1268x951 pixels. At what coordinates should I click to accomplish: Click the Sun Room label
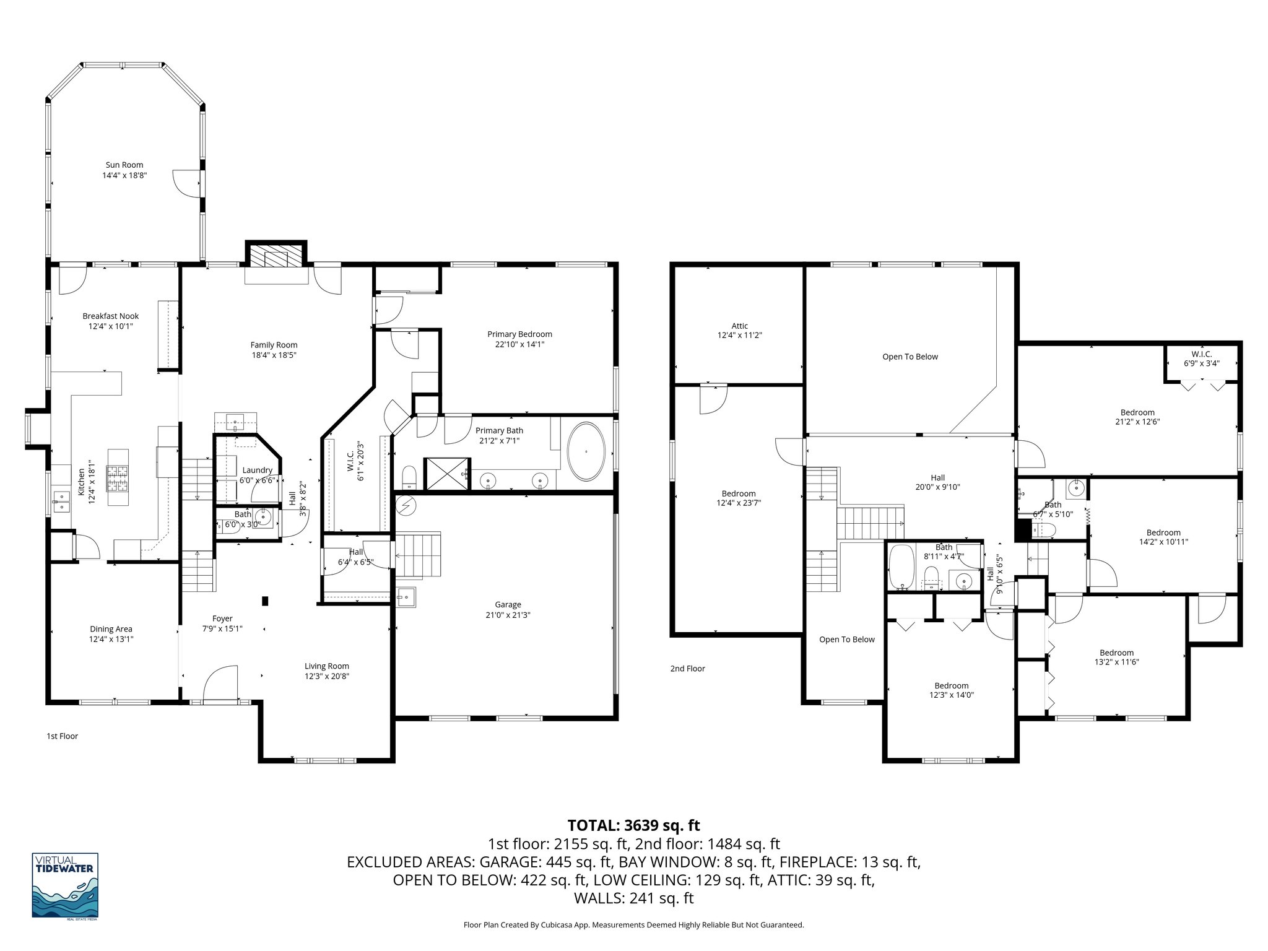(x=124, y=165)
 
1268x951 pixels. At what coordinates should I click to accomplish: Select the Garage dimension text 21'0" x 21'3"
(x=508, y=615)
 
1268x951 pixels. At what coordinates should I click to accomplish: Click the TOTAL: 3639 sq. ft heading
(x=633, y=825)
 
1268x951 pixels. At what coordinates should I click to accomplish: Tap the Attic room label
(x=739, y=326)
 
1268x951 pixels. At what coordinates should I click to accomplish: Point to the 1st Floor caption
(x=63, y=736)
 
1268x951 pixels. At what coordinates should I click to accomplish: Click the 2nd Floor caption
(x=687, y=668)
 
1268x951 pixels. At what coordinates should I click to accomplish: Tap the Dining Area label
(x=111, y=629)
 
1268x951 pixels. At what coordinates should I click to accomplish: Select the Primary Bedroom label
(x=519, y=334)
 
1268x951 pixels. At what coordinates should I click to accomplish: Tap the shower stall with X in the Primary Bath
(x=446, y=474)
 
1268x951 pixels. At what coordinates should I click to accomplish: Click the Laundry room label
(x=258, y=471)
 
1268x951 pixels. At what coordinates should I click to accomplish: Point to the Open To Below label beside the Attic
(x=910, y=357)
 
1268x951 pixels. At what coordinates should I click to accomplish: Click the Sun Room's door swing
(x=185, y=183)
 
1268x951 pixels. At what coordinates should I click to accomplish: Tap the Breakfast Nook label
(x=111, y=316)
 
